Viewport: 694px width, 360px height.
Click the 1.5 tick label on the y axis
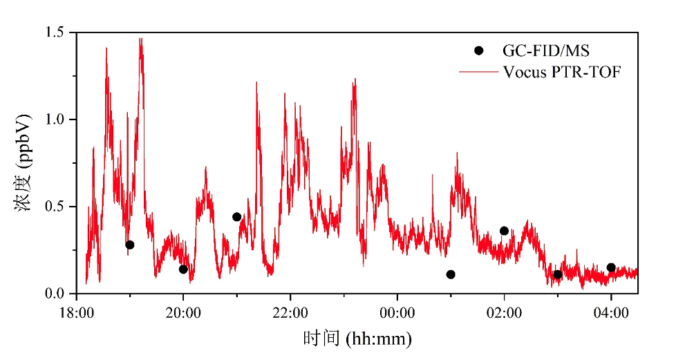coord(55,32)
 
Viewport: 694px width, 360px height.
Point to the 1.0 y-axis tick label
coord(55,120)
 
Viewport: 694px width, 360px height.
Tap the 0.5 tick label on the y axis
coord(55,207)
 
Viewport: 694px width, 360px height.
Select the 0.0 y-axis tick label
coord(55,294)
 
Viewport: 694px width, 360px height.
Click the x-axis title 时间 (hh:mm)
coord(357,339)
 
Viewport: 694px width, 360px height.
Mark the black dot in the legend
coord(478,50)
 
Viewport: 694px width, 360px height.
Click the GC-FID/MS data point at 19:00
coord(130,245)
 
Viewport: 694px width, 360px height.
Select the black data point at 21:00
coord(236,217)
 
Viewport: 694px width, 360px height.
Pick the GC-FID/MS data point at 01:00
coord(451,274)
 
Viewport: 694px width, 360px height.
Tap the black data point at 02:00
coord(504,231)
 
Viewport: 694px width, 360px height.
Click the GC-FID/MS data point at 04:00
coord(611,267)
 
